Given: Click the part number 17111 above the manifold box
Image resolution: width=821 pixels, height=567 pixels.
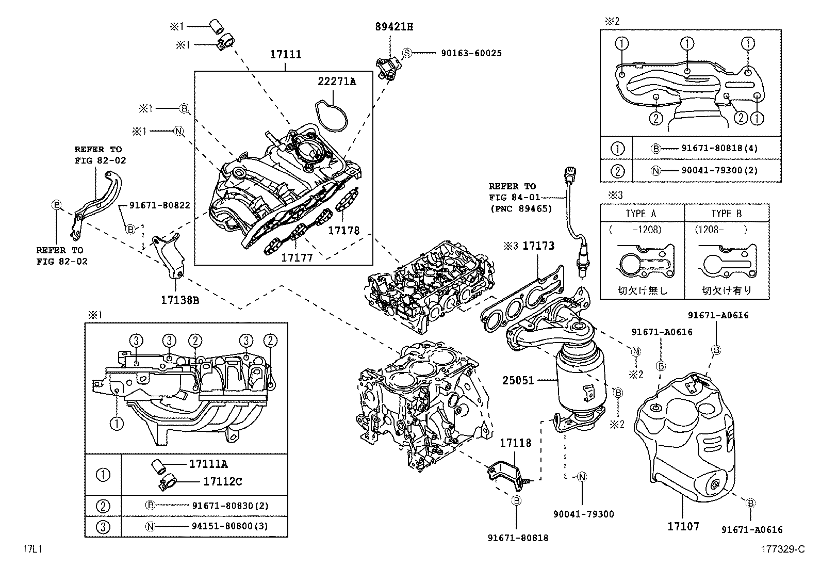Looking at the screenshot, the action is point(286,54).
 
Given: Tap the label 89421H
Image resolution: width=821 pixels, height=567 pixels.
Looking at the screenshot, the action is point(394,27).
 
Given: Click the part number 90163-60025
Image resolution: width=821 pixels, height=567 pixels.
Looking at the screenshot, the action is point(471,53).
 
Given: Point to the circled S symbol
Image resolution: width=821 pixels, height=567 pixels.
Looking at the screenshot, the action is point(407,53).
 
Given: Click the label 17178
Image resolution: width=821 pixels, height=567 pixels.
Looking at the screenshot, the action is point(343,230).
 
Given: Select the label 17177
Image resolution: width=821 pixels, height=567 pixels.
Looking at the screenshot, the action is point(297,258).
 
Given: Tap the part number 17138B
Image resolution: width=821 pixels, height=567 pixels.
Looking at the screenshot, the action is point(180,300).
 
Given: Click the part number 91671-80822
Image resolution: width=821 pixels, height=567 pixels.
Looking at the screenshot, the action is point(160,205).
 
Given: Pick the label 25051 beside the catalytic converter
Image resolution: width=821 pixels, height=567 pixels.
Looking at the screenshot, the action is point(518,380).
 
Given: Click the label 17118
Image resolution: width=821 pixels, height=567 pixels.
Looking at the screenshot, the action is point(516,443).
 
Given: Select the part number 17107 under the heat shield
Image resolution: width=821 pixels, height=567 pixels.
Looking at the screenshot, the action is point(683,526).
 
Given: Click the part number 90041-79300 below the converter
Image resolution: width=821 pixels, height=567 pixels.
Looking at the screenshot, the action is point(583,514).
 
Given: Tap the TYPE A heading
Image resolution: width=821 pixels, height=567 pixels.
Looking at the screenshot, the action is point(641,214).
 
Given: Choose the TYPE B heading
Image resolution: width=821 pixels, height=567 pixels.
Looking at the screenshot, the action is point(727,214).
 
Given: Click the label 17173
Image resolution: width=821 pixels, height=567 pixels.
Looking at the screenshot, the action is point(538,246).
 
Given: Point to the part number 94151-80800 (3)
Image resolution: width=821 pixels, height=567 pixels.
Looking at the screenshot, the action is point(230,526).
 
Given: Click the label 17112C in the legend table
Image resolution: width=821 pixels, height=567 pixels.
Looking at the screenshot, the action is point(222,481).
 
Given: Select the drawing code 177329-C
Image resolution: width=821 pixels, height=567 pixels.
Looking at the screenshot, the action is point(782,549).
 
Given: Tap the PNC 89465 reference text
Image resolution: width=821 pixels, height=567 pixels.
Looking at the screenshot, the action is point(521,208).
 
